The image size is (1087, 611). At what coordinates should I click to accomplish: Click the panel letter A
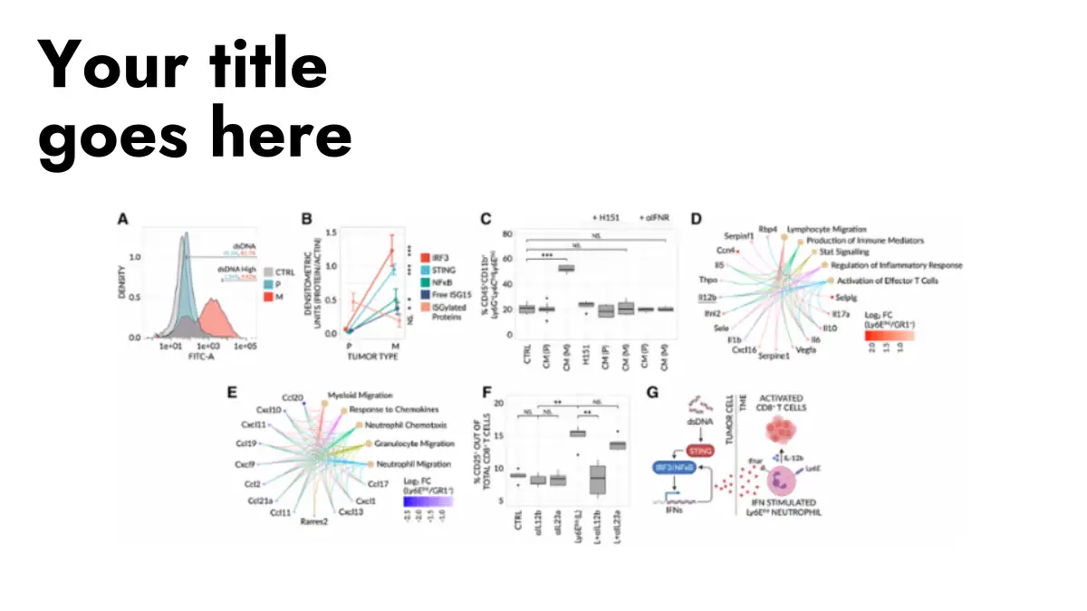(123, 217)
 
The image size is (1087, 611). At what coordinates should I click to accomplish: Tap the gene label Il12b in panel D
(708, 296)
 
